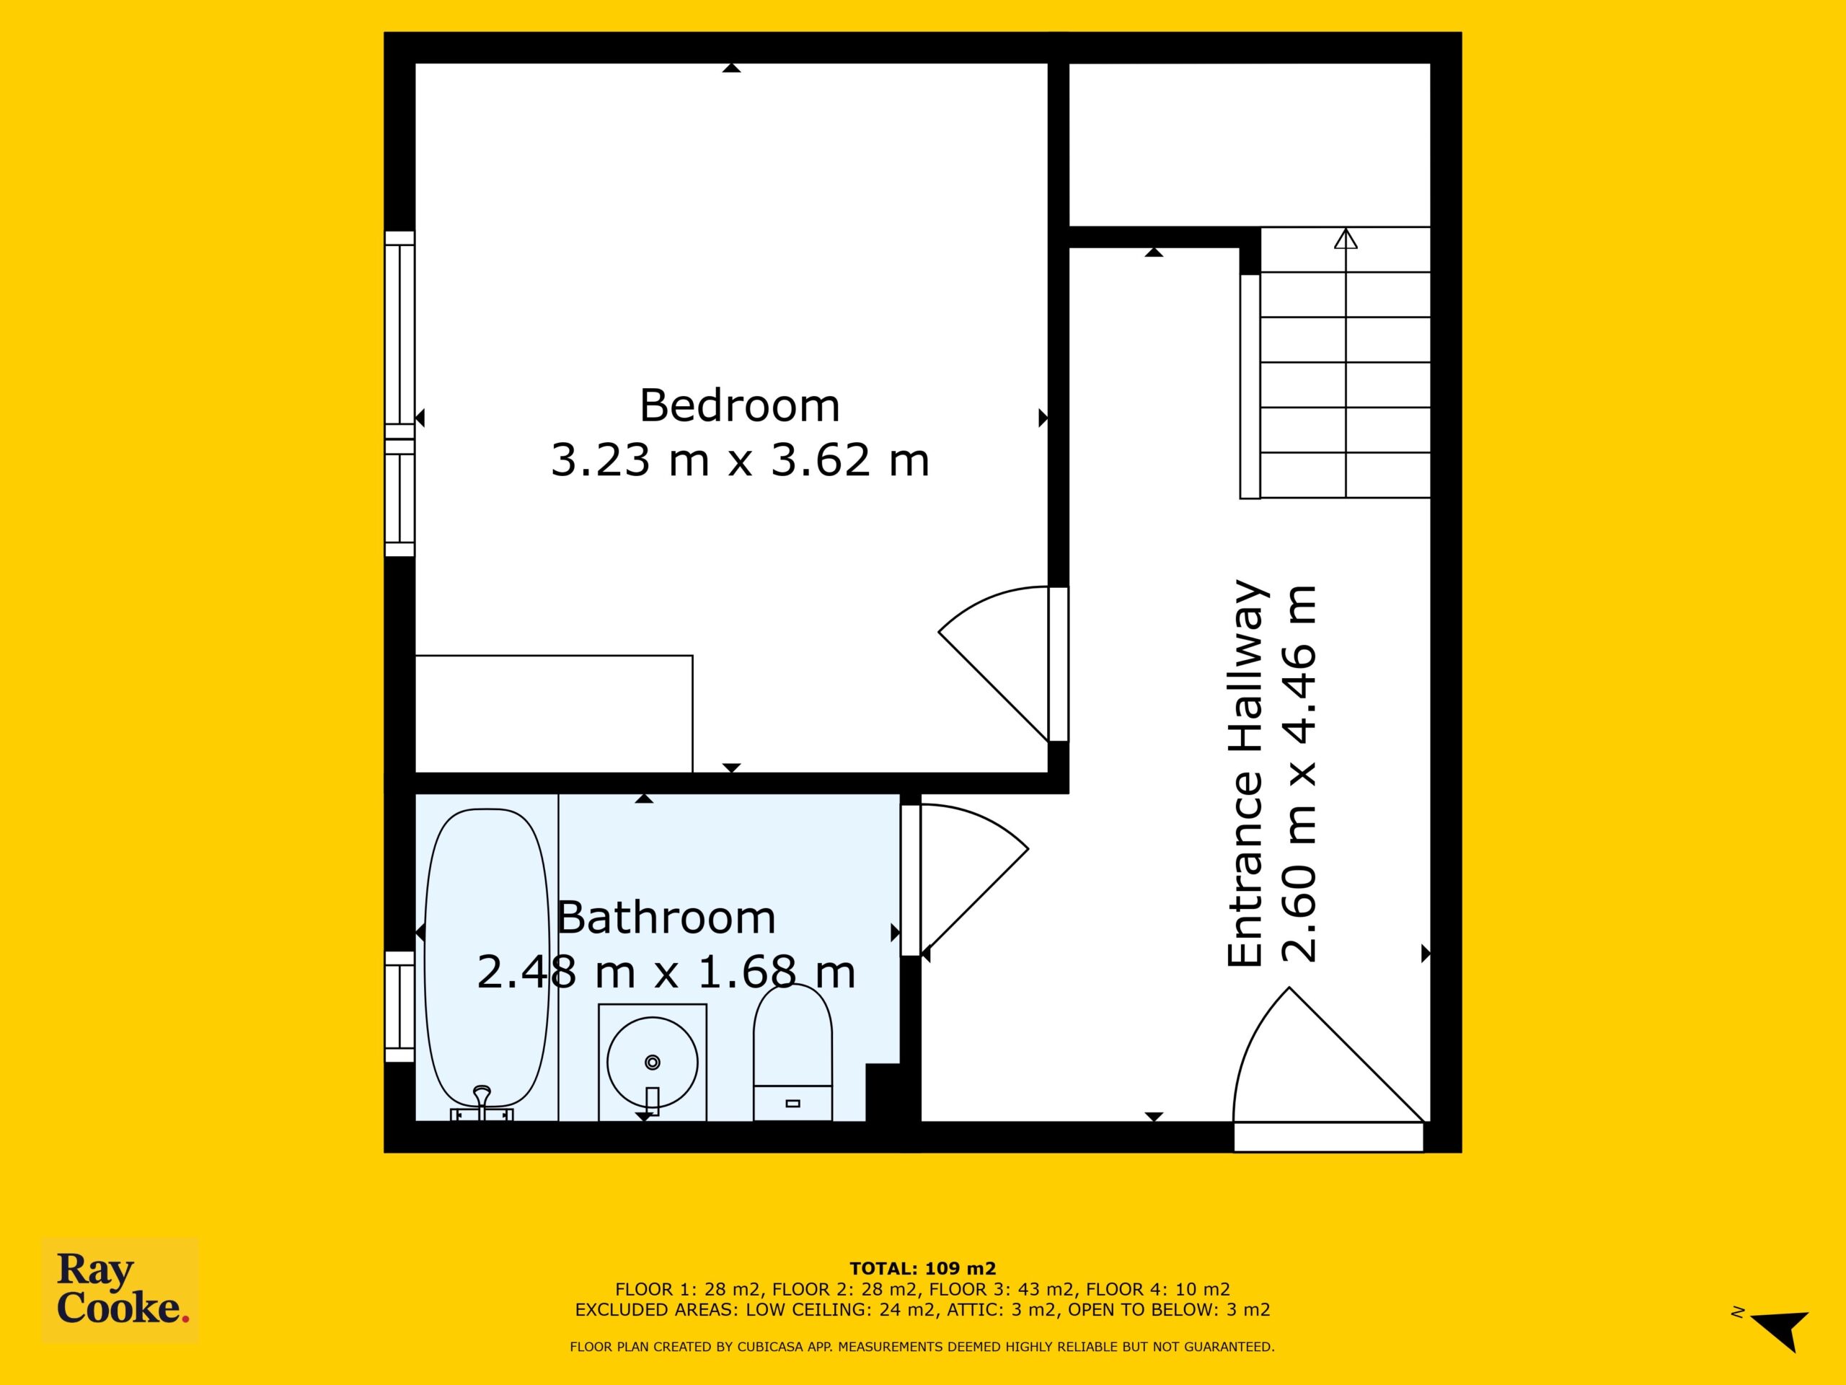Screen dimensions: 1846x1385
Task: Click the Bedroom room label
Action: click(739, 405)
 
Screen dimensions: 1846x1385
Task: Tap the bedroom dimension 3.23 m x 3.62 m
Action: click(739, 460)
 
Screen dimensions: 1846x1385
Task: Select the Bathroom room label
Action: click(666, 918)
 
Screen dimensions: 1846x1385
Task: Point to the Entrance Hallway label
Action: click(1247, 773)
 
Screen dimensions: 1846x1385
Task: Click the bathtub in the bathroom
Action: click(487, 957)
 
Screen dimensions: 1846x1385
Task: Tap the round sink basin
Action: click(653, 1063)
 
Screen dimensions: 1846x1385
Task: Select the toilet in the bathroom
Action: click(792, 1052)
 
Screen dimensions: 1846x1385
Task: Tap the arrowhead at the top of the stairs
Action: click(1346, 239)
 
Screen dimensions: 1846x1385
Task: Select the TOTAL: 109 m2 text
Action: click(923, 1270)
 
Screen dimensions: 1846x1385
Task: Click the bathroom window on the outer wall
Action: click(399, 1007)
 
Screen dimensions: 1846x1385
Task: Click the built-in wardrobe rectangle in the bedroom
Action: click(554, 714)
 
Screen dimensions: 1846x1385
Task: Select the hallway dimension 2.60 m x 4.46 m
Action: click(1299, 773)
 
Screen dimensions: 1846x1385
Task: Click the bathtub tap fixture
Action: click(482, 1102)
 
